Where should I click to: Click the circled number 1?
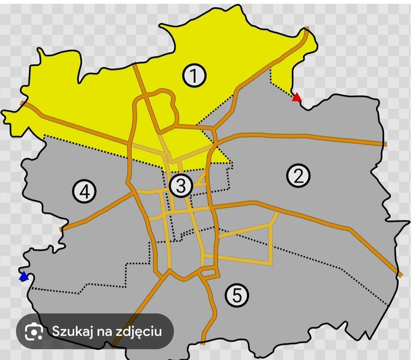point(194,76)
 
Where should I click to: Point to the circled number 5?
point(236,295)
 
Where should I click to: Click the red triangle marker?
point(296,97)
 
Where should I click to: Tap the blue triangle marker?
point(23,277)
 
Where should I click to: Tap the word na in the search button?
point(105,331)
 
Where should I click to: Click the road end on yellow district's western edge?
point(22,103)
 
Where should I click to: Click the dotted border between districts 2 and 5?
point(329,267)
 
